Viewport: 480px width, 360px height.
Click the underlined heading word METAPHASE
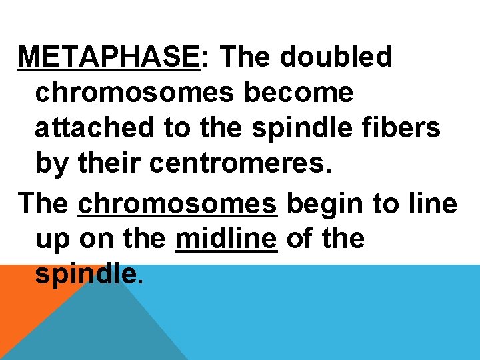[x=109, y=58]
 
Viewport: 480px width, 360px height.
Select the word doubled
[x=336, y=58]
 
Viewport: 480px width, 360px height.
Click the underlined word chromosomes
[x=177, y=204]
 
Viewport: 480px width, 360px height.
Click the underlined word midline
[x=226, y=239]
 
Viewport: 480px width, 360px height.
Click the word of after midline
[x=297, y=239]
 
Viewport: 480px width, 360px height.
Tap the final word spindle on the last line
[x=87, y=274]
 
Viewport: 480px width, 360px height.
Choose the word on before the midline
[x=93, y=239]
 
